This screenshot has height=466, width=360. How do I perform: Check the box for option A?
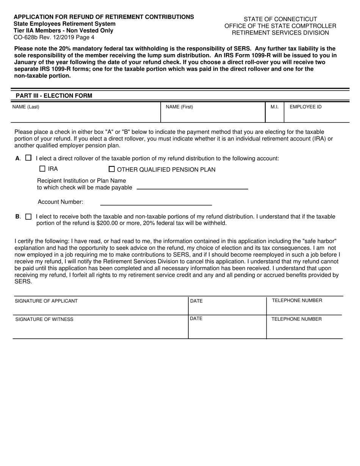click(x=28, y=158)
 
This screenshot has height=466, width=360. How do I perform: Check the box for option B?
click(x=28, y=217)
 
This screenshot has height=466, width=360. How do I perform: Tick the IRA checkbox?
click(x=42, y=169)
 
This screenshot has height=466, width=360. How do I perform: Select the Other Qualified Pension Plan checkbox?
click(x=112, y=169)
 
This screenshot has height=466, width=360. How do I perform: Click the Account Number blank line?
click(x=155, y=202)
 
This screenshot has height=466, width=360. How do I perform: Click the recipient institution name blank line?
click(x=192, y=186)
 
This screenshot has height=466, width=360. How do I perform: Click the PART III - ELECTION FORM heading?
click(x=54, y=95)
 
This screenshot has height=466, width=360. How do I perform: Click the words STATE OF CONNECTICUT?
click(x=280, y=19)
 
